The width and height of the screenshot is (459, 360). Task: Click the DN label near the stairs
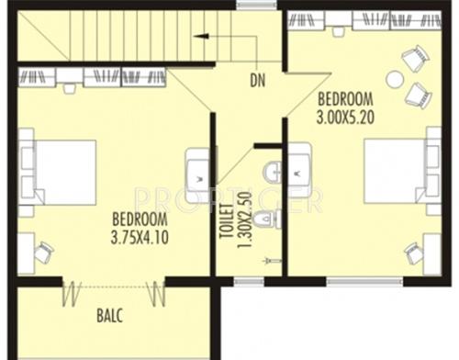tap(257, 79)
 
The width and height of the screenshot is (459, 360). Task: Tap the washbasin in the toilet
tap(274, 171)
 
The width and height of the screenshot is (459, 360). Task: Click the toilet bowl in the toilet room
tap(264, 219)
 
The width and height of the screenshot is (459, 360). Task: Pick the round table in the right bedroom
tap(395, 79)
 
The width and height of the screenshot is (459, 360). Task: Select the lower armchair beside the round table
tap(418, 93)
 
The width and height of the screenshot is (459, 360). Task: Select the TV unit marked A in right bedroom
tap(300, 171)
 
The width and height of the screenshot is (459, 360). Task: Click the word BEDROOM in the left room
tap(140, 219)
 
